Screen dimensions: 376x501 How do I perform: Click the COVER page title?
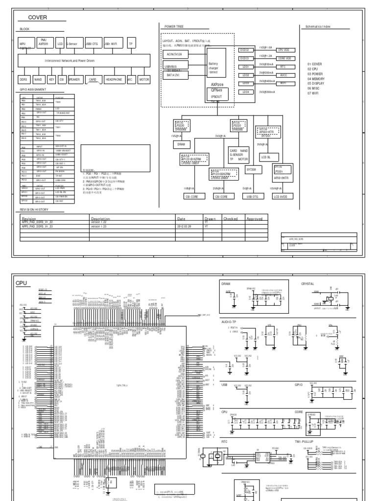tap(37, 17)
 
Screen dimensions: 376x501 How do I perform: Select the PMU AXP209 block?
tap(43, 43)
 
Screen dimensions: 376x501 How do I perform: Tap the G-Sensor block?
tap(74, 43)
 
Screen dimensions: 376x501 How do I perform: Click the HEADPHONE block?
tap(115, 78)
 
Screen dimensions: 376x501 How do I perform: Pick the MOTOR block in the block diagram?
tap(144, 78)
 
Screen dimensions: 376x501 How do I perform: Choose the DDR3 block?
tap(23, 78)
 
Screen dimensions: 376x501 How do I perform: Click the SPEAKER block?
tap(74, 78)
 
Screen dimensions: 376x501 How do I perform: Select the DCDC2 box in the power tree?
tap(245, 50)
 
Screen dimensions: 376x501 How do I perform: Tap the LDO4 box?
tap(245, 92)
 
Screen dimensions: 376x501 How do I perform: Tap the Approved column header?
tap(255, 219)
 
